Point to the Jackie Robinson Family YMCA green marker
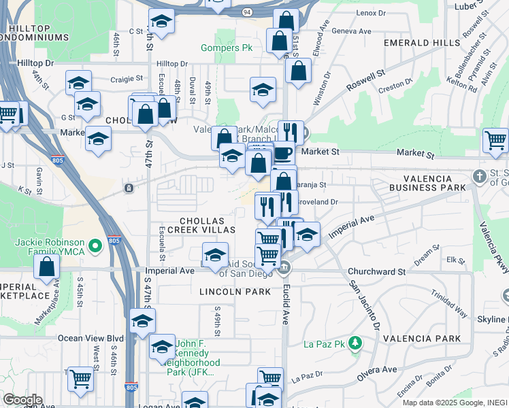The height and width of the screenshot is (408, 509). click(96, 243)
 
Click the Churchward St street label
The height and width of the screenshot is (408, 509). click(376, 271)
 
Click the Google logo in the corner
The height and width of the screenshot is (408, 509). click(22, 400)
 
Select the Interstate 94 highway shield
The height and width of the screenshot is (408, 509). click(246, 12)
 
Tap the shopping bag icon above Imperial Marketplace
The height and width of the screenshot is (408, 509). click(47, 268)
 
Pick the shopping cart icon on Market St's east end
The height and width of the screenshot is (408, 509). click(495, 141)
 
